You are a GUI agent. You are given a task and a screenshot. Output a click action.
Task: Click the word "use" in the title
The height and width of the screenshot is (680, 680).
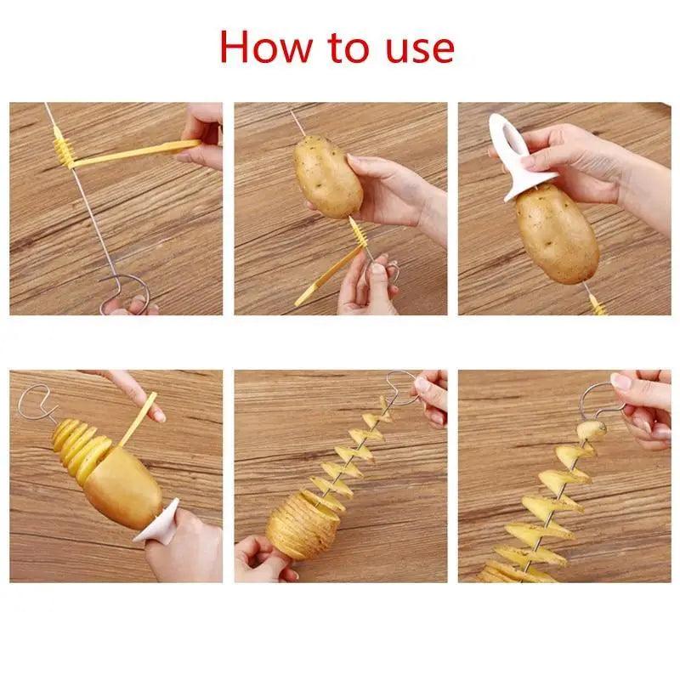click(x=416, y=48)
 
